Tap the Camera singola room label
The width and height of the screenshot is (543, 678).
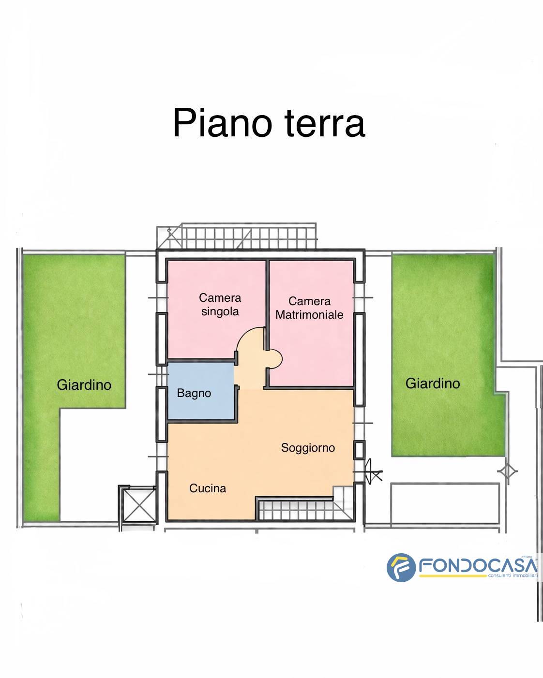220,305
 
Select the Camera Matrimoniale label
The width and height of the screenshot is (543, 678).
309,308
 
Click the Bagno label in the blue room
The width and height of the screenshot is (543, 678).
194,393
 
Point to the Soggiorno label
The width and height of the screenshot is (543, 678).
308,448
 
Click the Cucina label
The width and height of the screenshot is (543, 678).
208,488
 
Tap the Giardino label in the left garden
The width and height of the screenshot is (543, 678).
84,385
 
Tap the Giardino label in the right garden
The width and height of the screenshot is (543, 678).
432,383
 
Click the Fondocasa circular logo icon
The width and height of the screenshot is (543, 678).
401,567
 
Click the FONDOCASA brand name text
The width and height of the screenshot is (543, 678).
477,565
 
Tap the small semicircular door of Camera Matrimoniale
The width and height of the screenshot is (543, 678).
275,359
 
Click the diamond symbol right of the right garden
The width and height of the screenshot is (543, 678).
507,471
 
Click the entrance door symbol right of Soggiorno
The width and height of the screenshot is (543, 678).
372,471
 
